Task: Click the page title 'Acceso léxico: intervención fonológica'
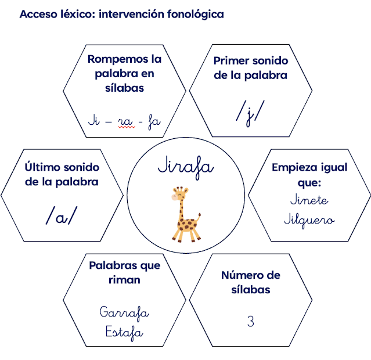pos(121,15)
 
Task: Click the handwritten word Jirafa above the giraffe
pos(185,166)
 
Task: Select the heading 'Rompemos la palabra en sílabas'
pos(124,73)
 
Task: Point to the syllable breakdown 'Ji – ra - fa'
pos(124,121)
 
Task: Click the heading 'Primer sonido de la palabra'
pos(250,68)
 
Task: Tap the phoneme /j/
pos(250,111)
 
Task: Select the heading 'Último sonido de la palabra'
pos(62,174)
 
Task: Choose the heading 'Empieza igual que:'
pos(309,175)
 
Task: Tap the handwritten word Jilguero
pos(309,220)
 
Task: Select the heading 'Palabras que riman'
pos(124,272)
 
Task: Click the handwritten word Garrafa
pos(124,312)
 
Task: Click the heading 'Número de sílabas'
pos(250,282)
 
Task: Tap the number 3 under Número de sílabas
pos(250,321)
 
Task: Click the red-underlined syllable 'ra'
pos(125,121)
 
